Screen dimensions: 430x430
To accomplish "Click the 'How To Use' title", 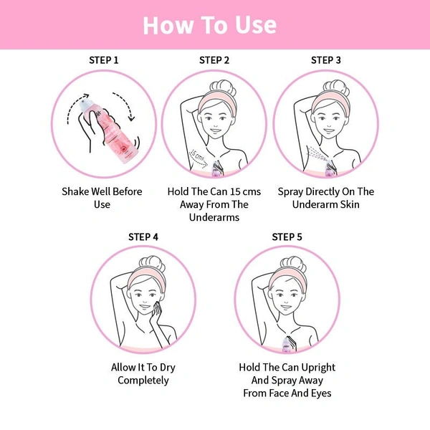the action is [x=210, y=25].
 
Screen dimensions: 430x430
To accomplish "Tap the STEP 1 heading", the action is [x=104, y=60].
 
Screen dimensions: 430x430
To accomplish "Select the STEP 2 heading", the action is [x=214, y=60].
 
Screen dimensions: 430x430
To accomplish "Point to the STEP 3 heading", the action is [x=326, y=60].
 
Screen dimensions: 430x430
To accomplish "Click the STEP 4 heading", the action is [x=143, y=237].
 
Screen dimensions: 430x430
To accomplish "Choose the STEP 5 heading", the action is [x=287, y=237].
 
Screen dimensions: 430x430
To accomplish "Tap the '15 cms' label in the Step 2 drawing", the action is [x=198, y=156].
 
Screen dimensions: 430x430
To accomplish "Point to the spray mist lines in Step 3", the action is [x=317, y=153].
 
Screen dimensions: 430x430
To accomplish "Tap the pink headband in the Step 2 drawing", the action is [x=217, y=101].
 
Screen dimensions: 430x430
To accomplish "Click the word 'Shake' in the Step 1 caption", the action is [x=75, y=191].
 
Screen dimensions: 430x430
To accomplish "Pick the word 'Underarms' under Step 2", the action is [x=214, y=217].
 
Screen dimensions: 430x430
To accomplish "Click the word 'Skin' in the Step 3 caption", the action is [x=350, y=204].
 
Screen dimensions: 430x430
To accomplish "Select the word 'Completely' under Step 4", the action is [x=143, y=381].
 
